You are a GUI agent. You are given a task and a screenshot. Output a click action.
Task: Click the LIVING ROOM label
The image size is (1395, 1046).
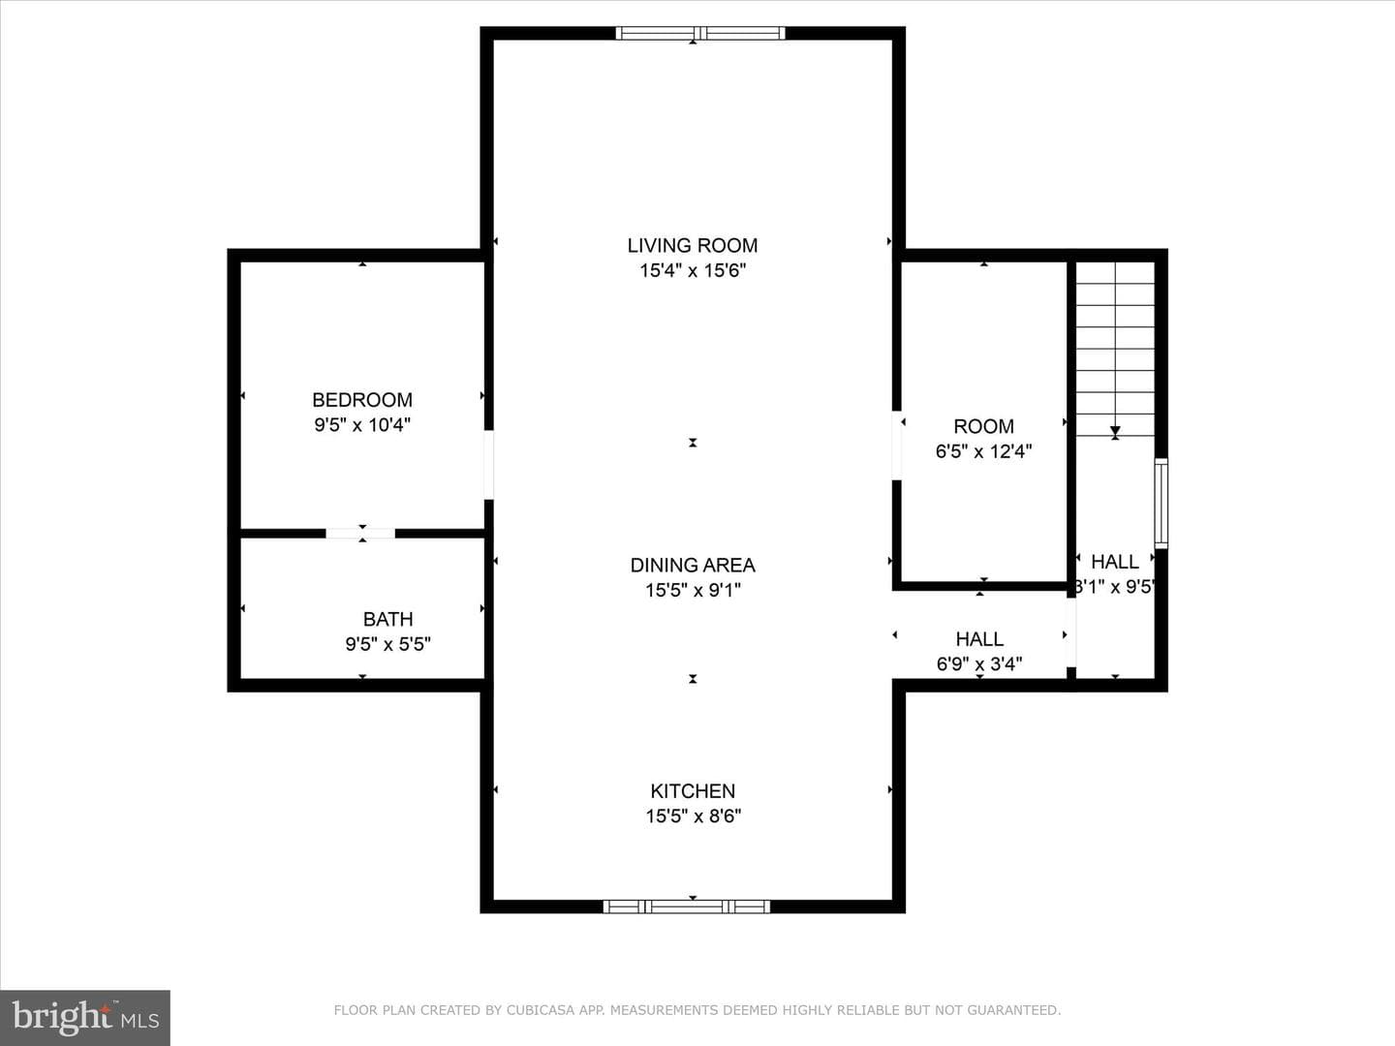pyautogui.click(x=692, y=245)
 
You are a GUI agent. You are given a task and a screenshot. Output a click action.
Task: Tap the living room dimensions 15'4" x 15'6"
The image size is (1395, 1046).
pyautogui.click(x=692, y=270)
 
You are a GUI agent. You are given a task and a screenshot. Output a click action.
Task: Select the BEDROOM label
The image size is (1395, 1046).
pyautogui.click(x=362, y=399)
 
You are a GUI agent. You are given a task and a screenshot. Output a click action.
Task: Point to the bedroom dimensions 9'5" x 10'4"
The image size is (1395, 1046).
pyautogui.click(x=362, y=425)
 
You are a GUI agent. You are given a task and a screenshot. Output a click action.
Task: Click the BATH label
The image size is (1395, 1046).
pyautogui.click(x=387, y=619)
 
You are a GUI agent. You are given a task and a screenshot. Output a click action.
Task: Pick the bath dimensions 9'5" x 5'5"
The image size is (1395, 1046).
pyautogui.click(x=387, y=644)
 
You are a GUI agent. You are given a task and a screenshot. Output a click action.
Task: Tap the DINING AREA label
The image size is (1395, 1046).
pyautogui.click(x=693, y=565)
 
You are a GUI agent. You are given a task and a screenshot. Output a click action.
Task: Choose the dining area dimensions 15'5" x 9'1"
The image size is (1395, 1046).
pyautogui.click(x=693, y=590)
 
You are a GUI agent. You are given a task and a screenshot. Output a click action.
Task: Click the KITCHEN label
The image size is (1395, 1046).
pyautogui.click(x=693, y=790)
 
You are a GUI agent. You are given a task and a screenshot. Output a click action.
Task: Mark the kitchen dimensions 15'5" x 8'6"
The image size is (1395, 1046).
pyautogui.click(x=693, y=816)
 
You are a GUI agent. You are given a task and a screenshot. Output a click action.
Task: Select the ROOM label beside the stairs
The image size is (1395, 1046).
pyautogui.click(x=983, y=426)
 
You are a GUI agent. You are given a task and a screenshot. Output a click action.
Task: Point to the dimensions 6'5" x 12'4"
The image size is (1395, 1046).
pyautogui.click(x=983, y=451)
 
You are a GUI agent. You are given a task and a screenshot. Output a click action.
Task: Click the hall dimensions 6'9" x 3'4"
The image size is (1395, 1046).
pyautogui.click(x=979, y=664)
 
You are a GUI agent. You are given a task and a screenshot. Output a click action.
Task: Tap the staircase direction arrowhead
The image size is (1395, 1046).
pyautogui.click(x=1115, y=432)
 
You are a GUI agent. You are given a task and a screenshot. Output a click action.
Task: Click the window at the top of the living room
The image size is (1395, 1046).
pyautogui.click(x=700, y=33)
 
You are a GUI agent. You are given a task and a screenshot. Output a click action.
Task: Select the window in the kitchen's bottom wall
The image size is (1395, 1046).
pyautogui.click(x=687, y=907)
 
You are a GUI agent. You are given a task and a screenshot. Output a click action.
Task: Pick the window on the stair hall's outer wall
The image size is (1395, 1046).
pyautogui.click(x=1162, y=503)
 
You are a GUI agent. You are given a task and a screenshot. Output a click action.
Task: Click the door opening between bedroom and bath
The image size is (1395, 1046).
pyautogui.click(x=360, y=534)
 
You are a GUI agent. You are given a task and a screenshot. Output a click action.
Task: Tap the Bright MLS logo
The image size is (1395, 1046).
pyautogui.click(x=85, y=1017)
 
